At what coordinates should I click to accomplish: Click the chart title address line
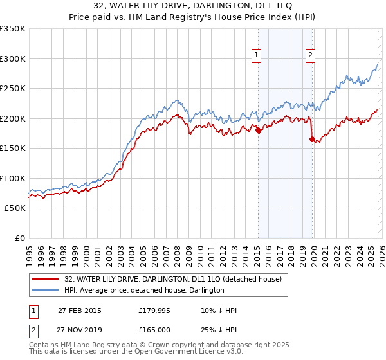coord(192,6)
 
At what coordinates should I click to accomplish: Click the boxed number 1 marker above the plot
coord(257,56)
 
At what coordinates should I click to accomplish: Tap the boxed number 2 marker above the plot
coord(310,56)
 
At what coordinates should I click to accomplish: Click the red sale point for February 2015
coord(258,130)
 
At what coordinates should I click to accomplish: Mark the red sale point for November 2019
coord(312,139)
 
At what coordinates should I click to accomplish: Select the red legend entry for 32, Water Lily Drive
coord(172,280)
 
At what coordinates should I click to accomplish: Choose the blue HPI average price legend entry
coord(143,291)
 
